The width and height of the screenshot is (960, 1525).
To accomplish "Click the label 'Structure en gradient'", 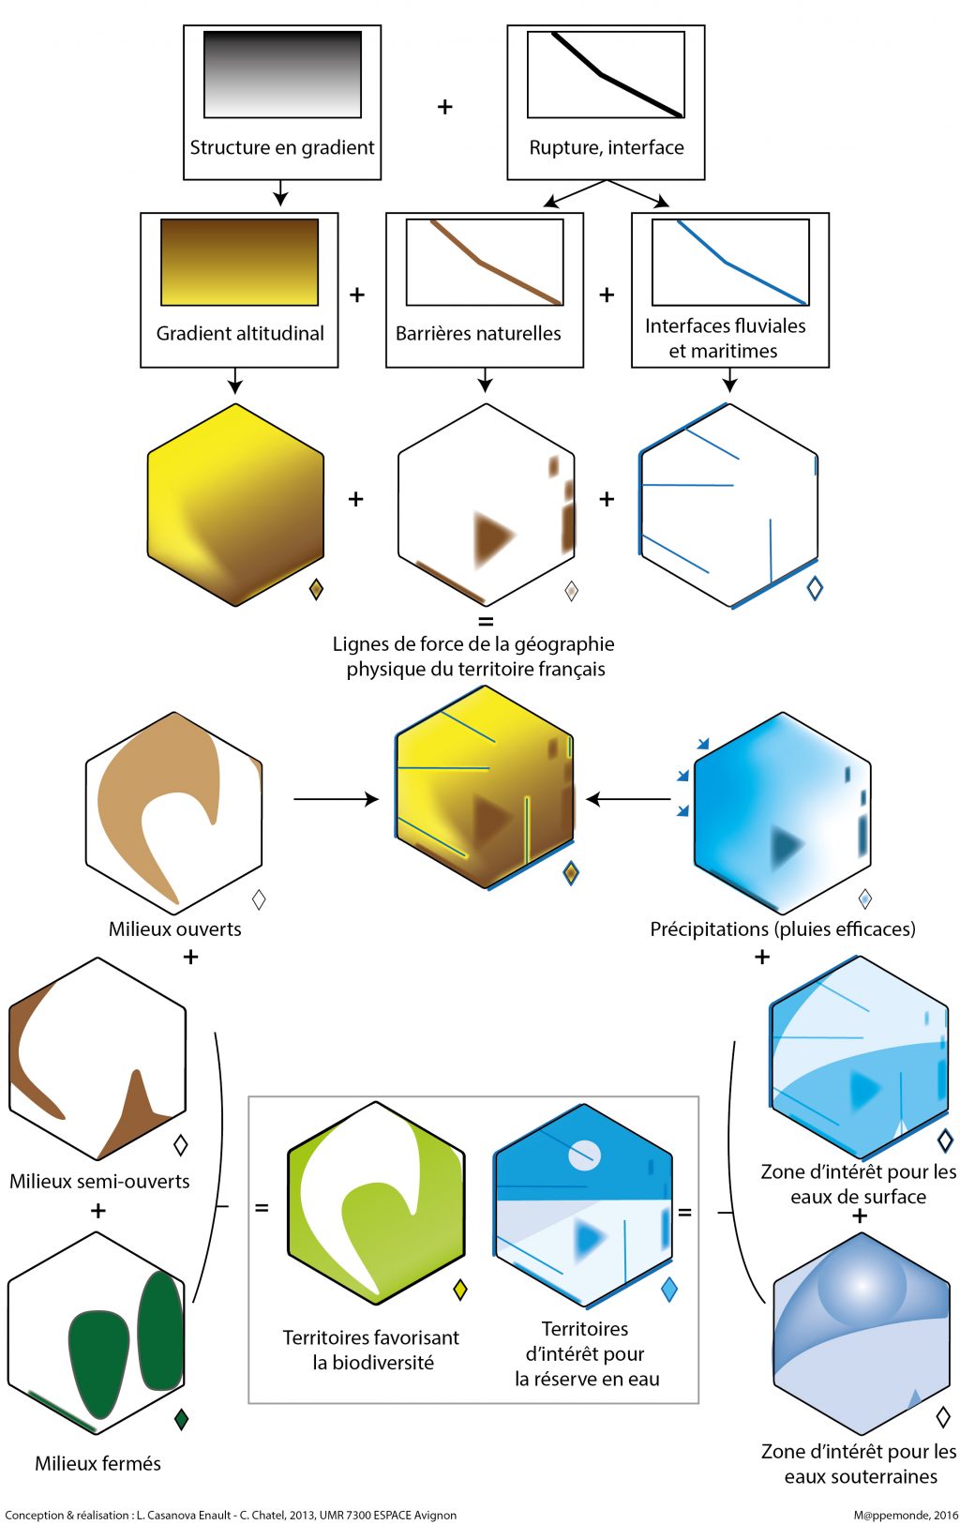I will [x=282, y=147].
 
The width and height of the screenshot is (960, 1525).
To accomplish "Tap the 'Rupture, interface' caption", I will [x=607, y=147].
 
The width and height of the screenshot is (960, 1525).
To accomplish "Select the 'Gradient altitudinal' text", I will [x=240, y=333].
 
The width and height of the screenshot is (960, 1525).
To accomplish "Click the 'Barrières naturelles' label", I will [x=478, y=333].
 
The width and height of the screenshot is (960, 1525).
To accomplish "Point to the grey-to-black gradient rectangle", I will [x=282, y=74].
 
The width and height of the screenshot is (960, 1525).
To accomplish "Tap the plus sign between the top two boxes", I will [x=445, y=107].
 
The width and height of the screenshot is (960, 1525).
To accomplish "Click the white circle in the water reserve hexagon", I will [x=584, y=1155].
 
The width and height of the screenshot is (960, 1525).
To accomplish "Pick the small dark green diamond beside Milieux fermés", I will [x=182, y=1419].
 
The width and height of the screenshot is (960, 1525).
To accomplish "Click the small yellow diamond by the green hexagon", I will [x=459, y=1290].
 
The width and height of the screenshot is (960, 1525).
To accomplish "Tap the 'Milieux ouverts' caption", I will [x=175, y=929].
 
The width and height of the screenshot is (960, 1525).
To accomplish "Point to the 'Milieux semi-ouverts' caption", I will [x=99, y=1182].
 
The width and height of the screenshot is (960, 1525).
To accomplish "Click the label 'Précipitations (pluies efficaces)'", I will [x=783, y=929].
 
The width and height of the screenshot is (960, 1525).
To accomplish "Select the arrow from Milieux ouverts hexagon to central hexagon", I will [x=336, y=799].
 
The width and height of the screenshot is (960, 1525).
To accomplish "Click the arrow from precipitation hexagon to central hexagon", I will [x=628, y=799].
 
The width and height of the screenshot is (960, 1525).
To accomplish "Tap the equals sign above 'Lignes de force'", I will [x=486, y=622].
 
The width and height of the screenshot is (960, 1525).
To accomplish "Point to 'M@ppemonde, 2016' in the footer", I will [x=906, y=1515].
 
